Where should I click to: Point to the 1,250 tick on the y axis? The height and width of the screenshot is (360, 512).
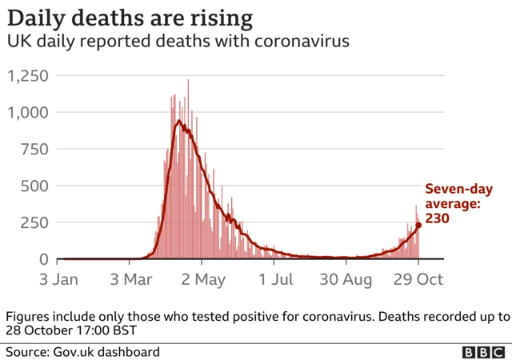[29, 76]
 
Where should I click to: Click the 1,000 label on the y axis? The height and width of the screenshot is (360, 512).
[29, 113]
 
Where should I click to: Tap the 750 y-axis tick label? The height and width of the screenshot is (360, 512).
[36, 150]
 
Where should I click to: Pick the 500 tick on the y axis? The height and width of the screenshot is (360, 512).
[36, 186]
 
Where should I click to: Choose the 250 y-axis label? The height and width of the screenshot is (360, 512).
[36, 223]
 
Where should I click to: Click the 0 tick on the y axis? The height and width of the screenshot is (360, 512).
[45, 259]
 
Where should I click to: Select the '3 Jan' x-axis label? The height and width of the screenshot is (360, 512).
[58, 281]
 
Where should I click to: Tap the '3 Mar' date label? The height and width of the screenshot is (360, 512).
[131, 281]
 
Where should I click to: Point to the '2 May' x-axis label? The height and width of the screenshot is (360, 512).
[202, 281]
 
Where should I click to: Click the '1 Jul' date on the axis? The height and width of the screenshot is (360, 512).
[275, 281]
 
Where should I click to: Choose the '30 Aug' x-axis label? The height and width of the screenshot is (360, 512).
[346, 281]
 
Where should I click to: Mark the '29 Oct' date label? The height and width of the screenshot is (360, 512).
[418, 281]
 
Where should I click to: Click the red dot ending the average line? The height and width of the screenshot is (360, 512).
[418, 226]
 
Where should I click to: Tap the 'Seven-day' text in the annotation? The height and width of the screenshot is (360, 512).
[458, 190]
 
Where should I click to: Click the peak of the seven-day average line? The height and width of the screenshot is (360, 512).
[179, 122]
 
